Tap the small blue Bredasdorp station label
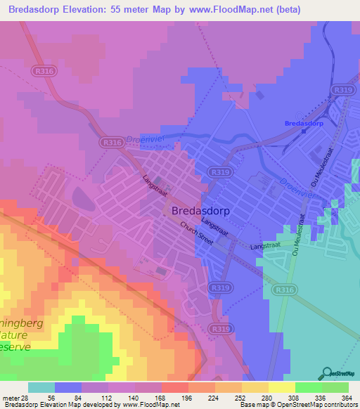pos(304,124)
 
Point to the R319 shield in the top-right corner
pos(343,90)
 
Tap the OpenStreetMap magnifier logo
pos(326,373)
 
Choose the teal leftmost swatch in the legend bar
pos(41,387)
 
